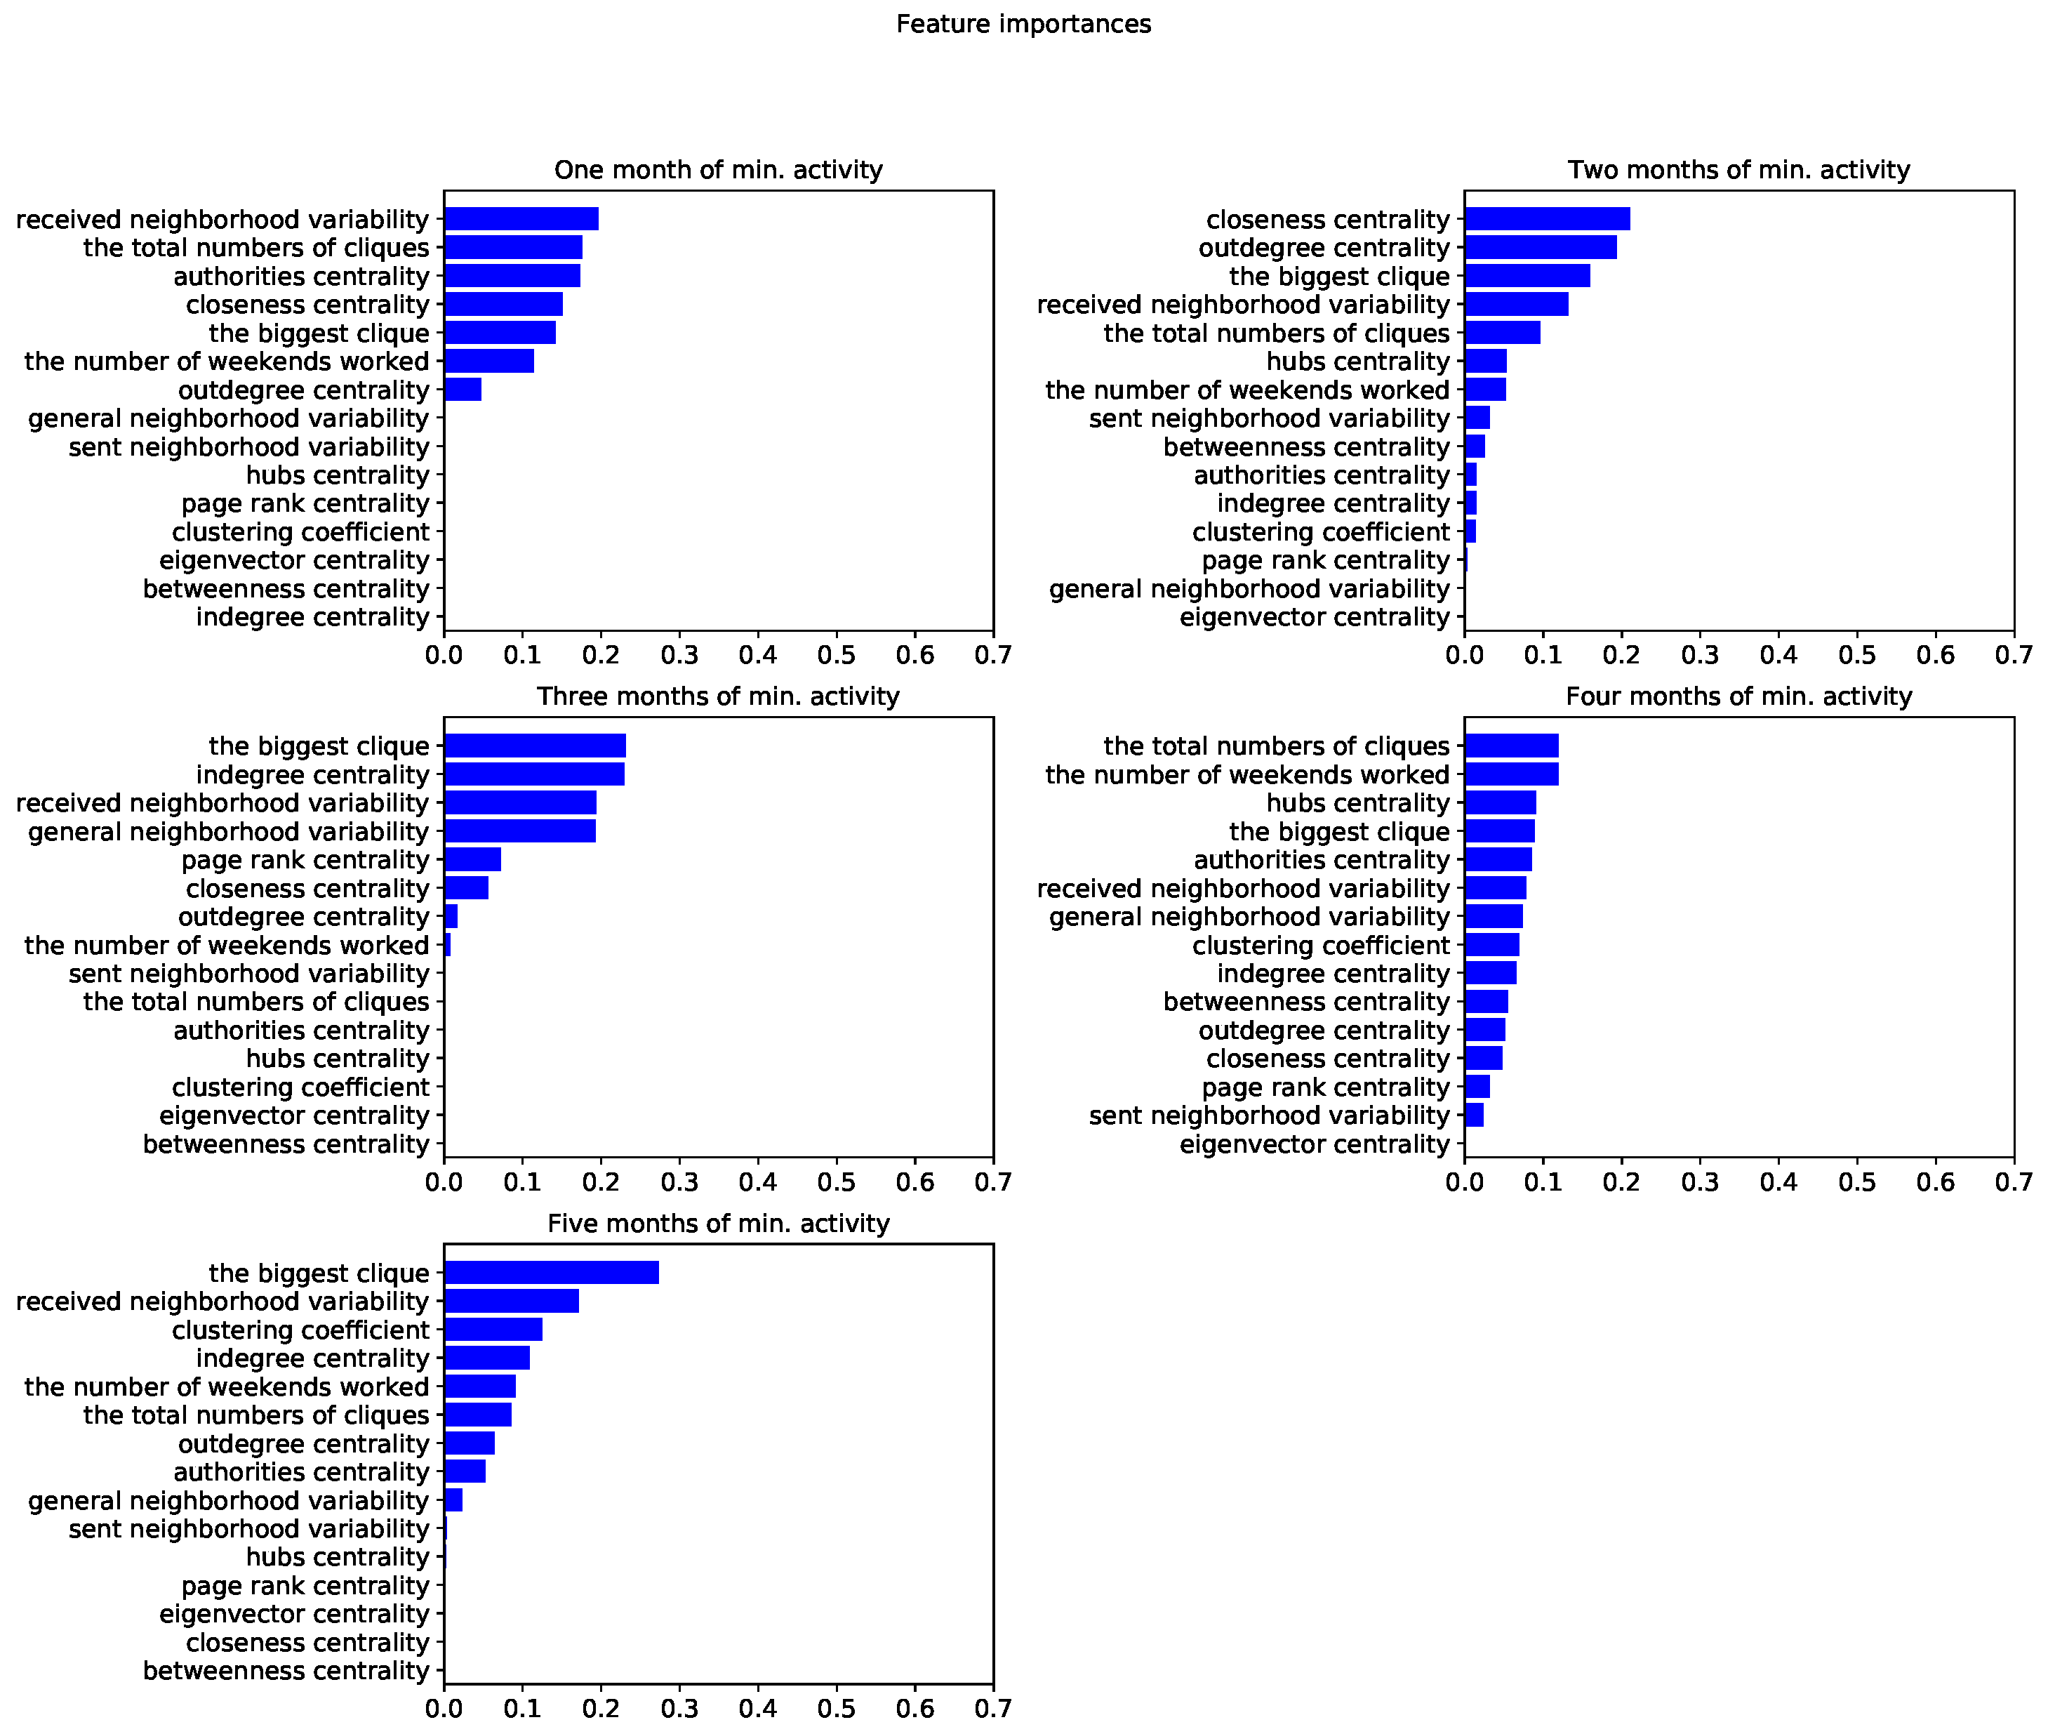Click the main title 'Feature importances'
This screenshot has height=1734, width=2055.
[x=1023, y=25]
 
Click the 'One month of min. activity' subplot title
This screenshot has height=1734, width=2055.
[x=719, y=170]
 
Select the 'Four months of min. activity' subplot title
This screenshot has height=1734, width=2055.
[x=1738, y=697]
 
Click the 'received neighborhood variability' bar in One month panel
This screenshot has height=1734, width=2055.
[x=521, y=219]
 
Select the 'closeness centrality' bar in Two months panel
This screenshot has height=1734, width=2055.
[x=1547, y=219]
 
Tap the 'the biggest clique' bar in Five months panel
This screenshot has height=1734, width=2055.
[x=552, y=1273]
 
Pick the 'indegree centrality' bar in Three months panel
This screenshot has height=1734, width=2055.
[x=533, y=774]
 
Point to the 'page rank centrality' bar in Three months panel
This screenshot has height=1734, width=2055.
[x=473, y=860]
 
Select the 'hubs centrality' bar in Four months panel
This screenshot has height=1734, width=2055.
[x=1500, y=803]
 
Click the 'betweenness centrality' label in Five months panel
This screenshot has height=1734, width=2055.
[x=286, y=1671]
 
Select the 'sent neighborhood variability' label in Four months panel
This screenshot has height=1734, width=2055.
[x=1269, y=1116]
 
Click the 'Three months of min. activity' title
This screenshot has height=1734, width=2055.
[x=719, y=697]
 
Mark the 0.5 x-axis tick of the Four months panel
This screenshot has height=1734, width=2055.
[x=1856, y=1182]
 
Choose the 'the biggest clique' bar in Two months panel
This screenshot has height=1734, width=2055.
[x=1527, y=276]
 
